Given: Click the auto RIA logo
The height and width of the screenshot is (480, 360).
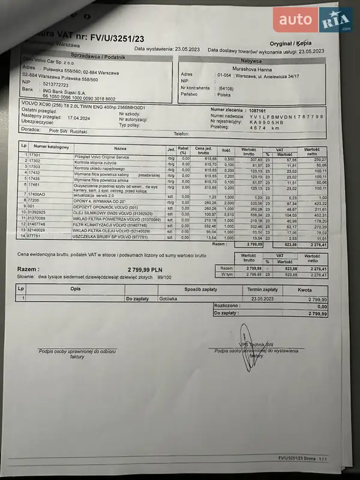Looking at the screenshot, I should pyautogui.click(x=313, y=21).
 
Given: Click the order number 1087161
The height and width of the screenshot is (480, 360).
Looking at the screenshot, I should pyautogui.click(x=259, y=110).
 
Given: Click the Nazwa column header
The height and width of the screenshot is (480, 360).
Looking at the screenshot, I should pyautogui.click(x=120, y=148).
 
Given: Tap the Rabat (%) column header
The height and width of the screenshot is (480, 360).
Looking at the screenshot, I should pyautogui.click(x=184, y=149).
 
